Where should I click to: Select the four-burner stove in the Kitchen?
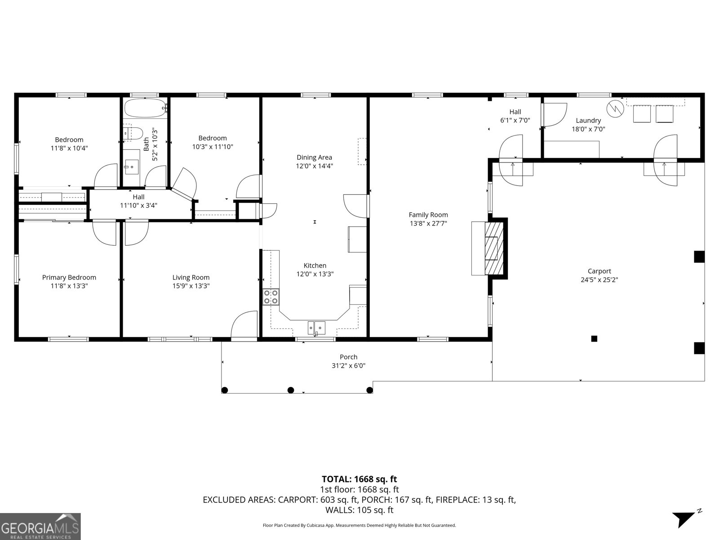271,297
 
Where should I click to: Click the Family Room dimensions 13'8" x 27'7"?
428,223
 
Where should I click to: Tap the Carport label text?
599,271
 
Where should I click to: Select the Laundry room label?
588,120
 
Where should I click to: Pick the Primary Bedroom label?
69,277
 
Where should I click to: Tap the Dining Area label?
314,157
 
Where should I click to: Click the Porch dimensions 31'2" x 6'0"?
348,366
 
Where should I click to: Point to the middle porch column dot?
291,390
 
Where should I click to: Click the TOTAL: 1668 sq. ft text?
359,479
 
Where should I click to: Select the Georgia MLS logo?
40,526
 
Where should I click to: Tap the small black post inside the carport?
594,338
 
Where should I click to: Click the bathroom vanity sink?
132,166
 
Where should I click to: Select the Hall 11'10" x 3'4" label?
138,201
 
